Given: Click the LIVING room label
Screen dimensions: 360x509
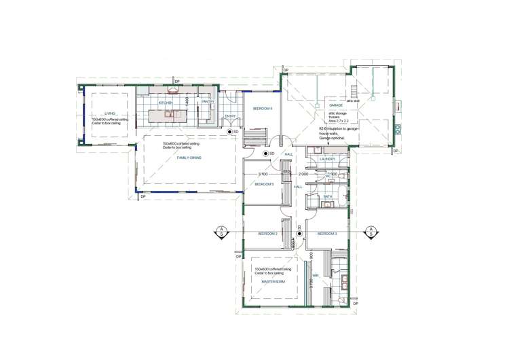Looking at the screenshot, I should pyautogui.click(x=109, y=114).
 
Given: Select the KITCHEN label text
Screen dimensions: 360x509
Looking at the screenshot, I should pyautogui.click(x=166, y=103).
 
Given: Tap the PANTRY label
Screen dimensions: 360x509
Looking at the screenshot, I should pyautogui.click(x=207, y=102).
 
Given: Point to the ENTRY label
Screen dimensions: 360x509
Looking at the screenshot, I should pyautogui.click(x=230, y=116).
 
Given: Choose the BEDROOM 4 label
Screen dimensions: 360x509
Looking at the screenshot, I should pyautogui.click(x=263, y=109).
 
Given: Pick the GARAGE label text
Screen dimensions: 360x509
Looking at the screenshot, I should pyautogui.click(x=336, y=106).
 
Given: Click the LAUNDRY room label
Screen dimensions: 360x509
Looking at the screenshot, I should pyautogui.click(x=328, y=159).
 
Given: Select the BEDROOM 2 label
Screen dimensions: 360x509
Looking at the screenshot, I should pyautogui.click(x=268, y=234).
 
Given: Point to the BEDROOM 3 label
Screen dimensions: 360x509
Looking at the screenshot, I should pyautogui.click(x=327, y=234).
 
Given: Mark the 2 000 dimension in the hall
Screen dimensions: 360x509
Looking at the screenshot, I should pyautogui.click(x=303, y=174).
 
